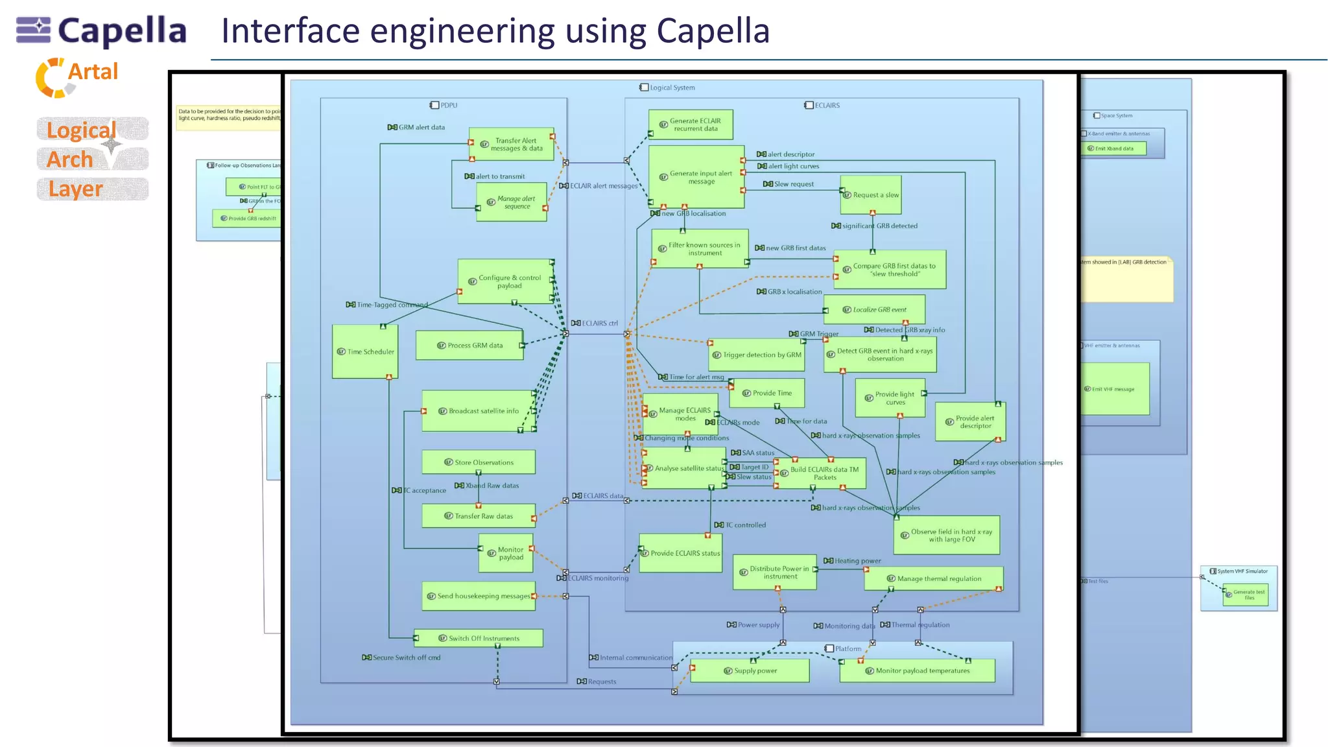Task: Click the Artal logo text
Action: (93, 72)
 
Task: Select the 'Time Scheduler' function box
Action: (365, 351)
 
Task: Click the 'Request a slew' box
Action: (871, 195)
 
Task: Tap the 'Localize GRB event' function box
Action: (874, 309)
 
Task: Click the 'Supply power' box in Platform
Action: (750, 670)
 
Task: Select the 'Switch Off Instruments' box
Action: (479, 638)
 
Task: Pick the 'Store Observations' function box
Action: (479, 462)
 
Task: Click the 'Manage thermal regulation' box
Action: (934, 578)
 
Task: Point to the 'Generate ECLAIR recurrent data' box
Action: (691, 124)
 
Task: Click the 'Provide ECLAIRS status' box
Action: (680, 553)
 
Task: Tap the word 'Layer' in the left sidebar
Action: (76, 189)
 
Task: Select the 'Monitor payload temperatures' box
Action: (917, 670)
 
